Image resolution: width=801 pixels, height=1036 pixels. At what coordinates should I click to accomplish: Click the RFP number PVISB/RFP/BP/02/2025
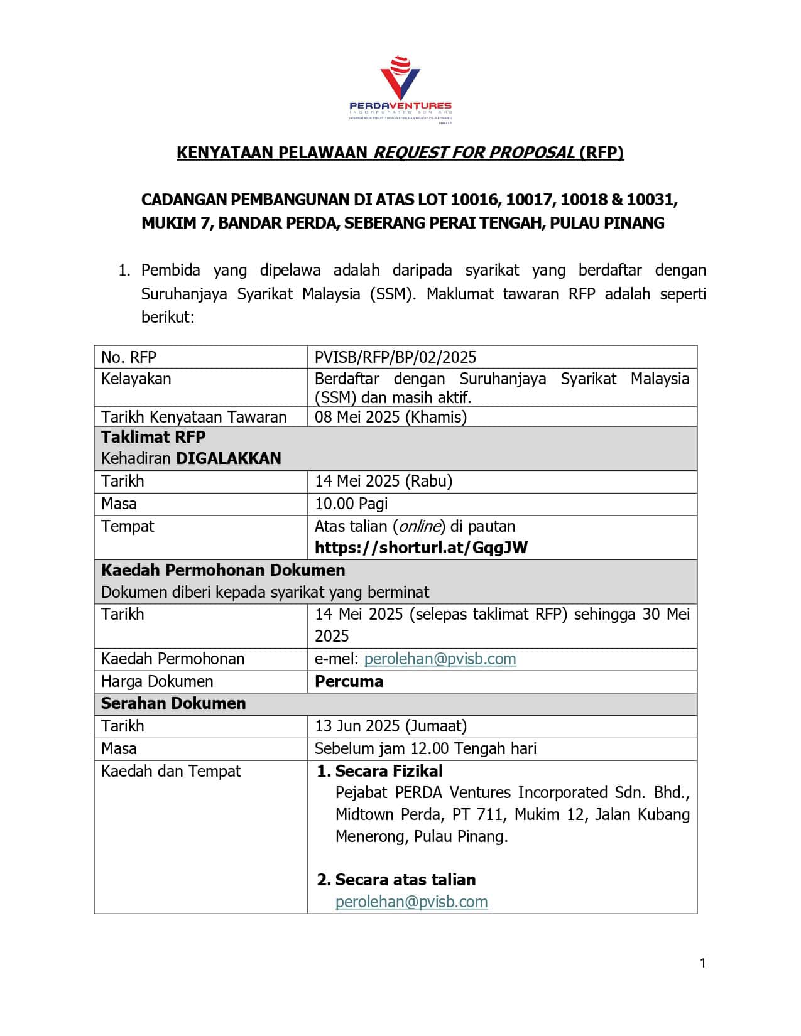395,357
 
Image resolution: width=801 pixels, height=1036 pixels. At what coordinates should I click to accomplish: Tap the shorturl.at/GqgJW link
421,548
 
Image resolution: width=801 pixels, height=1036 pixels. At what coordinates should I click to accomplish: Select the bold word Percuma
349,681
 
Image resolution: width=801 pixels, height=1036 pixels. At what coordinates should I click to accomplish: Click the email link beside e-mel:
440,659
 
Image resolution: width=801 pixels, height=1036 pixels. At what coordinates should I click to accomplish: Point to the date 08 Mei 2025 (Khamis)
390,417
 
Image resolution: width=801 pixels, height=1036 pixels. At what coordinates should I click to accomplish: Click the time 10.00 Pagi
351,504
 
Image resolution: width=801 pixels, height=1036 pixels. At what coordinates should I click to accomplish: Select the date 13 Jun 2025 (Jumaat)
390,726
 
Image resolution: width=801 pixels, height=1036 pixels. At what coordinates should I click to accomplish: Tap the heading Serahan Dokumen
173,703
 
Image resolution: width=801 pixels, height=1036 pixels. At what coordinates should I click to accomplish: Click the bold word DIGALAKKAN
229,458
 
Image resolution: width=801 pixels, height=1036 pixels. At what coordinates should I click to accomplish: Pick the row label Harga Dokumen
157,681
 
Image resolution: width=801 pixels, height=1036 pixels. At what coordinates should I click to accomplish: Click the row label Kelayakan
136,379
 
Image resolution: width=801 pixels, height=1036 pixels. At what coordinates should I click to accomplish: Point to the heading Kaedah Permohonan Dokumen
223,570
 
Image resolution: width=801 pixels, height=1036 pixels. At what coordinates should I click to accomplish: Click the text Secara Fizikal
389,771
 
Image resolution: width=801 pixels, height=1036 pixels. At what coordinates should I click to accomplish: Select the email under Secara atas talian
411,902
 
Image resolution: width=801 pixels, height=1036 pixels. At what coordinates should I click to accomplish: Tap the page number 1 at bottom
703,963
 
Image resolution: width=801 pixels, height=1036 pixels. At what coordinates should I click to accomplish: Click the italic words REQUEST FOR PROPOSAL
474,153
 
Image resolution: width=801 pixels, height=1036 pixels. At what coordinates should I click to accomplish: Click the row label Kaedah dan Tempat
171,771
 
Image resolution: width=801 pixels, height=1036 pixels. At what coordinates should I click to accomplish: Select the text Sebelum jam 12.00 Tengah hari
425,748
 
